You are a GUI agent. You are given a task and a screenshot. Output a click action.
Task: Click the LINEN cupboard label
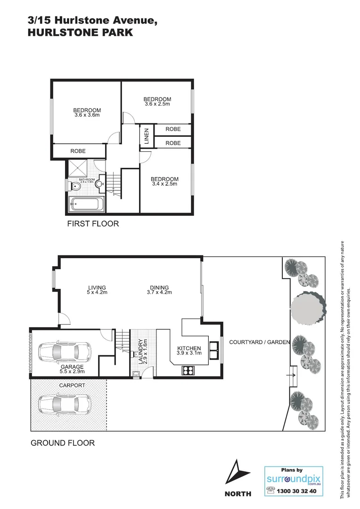[x=146, y=136]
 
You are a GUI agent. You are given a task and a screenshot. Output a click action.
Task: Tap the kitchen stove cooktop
[x=188, y=370]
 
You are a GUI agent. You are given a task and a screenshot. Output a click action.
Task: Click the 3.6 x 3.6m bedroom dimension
[x=87, y=115]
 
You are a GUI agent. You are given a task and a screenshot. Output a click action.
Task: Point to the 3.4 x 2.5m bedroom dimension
[x=164, y=184]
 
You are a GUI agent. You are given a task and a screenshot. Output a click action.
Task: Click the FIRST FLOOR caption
[x=92, y=224]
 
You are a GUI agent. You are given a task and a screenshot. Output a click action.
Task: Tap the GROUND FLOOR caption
[x=63, y=443]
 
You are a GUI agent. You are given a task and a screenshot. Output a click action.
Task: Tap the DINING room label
[x=159, y=287]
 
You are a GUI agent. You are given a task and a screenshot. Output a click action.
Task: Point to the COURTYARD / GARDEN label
[x=259, y=342]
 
